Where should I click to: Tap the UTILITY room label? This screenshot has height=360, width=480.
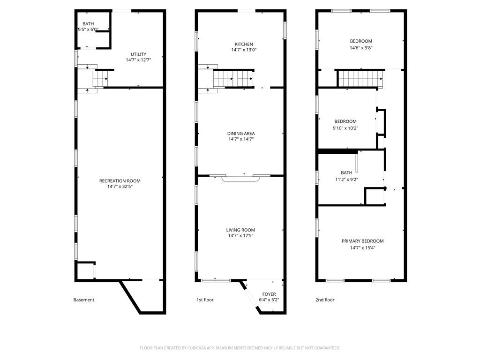(x=138, y=54)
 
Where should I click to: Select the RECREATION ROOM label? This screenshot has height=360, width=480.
(x=120, y=181)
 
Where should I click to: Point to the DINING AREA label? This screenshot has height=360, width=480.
(x=241, y=133)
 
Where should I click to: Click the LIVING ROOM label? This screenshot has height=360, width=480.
(x=240, y=230)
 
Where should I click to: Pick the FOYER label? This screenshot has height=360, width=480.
(x=269, y=294)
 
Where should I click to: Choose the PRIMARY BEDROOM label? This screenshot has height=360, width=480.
(x=362, y=241)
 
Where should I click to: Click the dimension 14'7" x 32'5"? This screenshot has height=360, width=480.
(x=120, y=187)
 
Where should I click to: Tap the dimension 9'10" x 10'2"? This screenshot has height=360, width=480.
(x=345, y=127)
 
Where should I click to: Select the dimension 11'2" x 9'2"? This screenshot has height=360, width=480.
(x=346, y=179)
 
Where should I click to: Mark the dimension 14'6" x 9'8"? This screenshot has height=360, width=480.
(x=361, y=47)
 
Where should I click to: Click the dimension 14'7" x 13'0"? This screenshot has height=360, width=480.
(x=244, y=50)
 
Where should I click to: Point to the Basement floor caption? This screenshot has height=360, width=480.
(x=84, y=300)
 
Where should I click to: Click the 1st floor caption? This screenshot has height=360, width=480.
(x=205, y=300)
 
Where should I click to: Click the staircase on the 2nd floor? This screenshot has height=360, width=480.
(x=359, y=78)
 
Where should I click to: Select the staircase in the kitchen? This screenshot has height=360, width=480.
(x=233, y=78)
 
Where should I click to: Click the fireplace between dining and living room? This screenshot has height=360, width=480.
(x=240, y=179)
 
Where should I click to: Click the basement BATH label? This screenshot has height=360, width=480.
(x=88, y=24)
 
